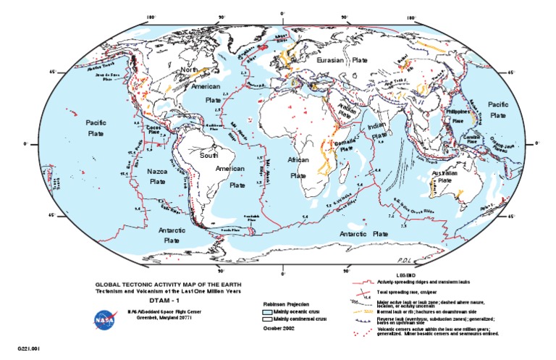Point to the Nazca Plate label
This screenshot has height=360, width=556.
(x=157, y=178)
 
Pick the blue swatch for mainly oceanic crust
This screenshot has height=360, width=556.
(x=268, y=309)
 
